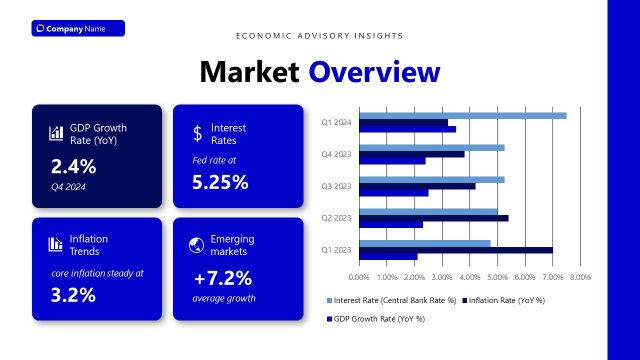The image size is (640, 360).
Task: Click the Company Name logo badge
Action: point(77,28)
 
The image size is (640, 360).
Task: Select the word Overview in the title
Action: point(373,72)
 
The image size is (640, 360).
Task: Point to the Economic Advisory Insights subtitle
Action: point(319,36)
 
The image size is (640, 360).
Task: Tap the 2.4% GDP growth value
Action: point(73,166)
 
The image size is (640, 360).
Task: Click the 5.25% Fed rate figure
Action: point(220,182)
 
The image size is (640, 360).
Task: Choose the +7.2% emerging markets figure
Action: point(222,278)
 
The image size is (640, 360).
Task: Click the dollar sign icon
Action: point(197,133)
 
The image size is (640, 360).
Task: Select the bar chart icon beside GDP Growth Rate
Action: point(55,133)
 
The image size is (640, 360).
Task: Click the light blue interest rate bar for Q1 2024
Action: point(462,116)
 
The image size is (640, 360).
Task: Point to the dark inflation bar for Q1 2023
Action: point(455,250)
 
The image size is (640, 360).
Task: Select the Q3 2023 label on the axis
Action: point(336,186)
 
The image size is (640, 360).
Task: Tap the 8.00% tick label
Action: point(580,276)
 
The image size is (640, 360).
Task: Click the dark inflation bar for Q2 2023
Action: point(433,218)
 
